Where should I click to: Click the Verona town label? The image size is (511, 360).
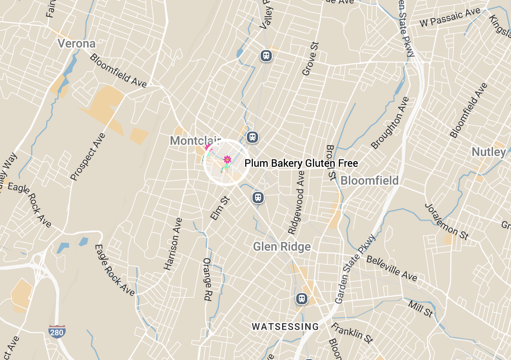(77, 44)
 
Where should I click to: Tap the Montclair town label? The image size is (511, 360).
(195, 141)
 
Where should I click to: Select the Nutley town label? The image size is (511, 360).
(489, 152)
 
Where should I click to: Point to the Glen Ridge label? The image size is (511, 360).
(282, 247)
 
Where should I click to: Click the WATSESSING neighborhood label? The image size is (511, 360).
(285, 327)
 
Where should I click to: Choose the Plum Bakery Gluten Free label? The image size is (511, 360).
(301, 163)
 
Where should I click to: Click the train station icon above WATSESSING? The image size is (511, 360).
(302, 298)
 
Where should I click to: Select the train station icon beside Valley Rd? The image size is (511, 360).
(266, 55)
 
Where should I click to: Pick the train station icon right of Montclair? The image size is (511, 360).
(252, 137)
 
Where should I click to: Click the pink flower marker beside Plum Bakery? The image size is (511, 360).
(227, 160)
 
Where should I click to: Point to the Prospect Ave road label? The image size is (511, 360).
(88, 157)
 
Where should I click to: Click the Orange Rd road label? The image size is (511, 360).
(207, 279)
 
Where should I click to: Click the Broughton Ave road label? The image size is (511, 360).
(390, 123)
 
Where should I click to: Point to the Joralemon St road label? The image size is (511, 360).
(446, 221)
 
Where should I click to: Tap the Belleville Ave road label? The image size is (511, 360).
(391, 268)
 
